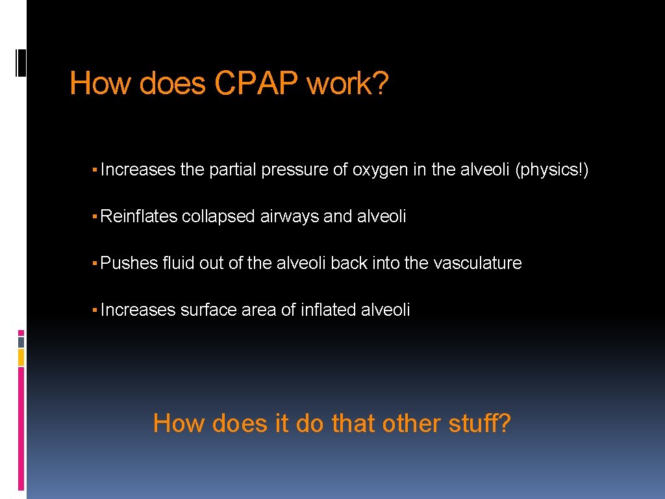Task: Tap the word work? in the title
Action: click(x=347, y=84)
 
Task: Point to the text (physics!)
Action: click(x=551, y=170)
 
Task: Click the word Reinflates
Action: click(x=139, y=216)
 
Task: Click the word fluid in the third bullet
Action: click(x=177, y=263)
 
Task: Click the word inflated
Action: click(x=327, y=310)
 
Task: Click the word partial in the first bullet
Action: click(x=232, y=170)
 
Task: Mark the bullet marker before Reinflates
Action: click(x=95, y=216)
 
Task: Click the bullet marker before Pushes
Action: click(x=95, y=263)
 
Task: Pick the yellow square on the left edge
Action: click(x=21, y=357)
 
